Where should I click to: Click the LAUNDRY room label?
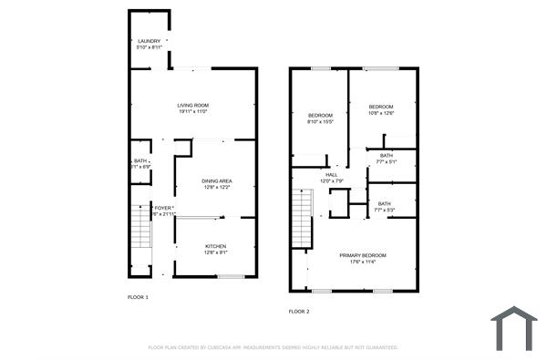pos(149,42)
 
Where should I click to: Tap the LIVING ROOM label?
pos(193,106)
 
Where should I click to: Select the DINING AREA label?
pos(216,180)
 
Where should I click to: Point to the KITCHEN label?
pos(215,246)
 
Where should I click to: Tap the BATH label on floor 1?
pos(140,161)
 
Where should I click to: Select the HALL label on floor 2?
pos(331,175)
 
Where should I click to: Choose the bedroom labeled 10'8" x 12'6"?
pos(380,107)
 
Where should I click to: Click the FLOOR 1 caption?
pos(137,297)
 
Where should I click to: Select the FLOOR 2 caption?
pos(299,312)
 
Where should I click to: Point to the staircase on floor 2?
pos(302,218)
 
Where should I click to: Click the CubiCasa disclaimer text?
pos(273,347)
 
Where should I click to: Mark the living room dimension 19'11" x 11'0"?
pos(193,112)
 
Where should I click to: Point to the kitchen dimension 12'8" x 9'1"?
pos(215,252)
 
